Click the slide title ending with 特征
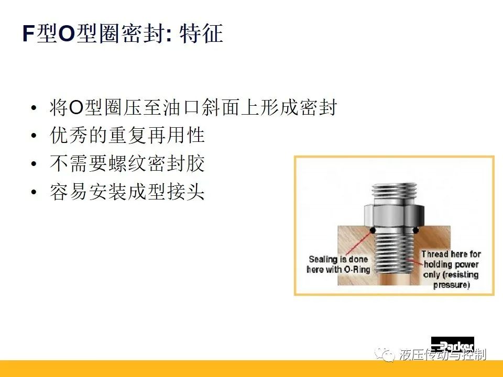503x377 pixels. pyautogui.click(x=123, y=34)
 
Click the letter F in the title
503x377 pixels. pyautogui.click(x=28, y=34)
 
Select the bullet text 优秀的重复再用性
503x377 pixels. pyautogui.click(x=127, y=135)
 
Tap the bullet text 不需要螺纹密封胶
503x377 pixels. pyautogui.click(x=127, y=163)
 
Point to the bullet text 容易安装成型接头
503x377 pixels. pyautogui.click(x=127, y=192)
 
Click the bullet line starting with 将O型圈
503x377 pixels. pyautogui.click(x=193, y=107)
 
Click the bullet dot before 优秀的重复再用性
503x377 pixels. pyautogui.click(x=34, y=136)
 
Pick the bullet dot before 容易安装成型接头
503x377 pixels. pyautogui.click(x=34, y=192)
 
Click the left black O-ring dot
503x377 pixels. pyautogui.click(x=373, y=230)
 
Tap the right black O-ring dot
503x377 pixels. pyautogui.click(x=415, y=230)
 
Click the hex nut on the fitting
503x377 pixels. pyautogui.click(x=394, y=215)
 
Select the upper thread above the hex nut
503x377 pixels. pyautogui.click(x=394, y=193)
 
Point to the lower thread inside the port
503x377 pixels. pyautogui.click(x=394, y=253)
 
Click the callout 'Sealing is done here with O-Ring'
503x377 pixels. pyautogui.click(x=338, y=264)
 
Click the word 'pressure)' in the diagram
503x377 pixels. pyautogui.click(x=452, y=285)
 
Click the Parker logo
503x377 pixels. pyautogui.click(x=452, y=345)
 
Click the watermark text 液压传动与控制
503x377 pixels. pyautogui.click(x=443, y=354)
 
